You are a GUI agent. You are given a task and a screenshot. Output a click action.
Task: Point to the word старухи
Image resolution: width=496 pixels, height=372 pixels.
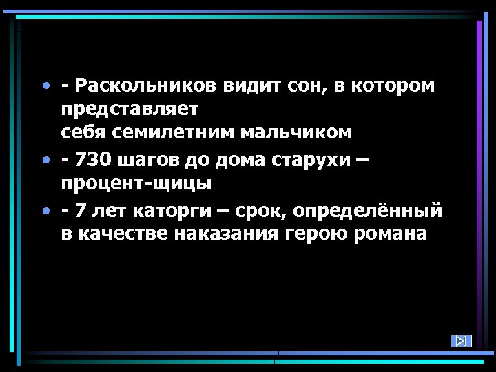[313, 161]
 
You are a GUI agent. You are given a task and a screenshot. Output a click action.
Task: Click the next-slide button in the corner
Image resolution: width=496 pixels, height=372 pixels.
[461, 340]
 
